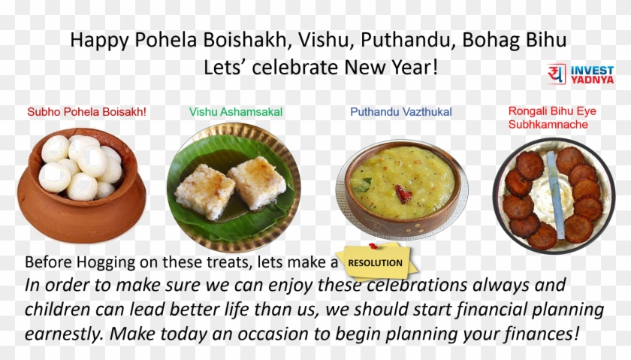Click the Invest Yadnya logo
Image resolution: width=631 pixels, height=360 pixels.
[x=581, y=74]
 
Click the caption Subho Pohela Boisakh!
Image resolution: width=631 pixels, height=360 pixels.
[x=86, y=112]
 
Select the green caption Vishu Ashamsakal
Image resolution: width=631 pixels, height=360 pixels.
[x=236, y=112]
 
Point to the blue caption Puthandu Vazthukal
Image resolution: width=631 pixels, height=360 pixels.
[x=401, y=112]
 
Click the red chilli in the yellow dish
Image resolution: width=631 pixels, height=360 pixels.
[x=404, y=195]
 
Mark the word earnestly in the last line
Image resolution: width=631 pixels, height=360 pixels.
[x=62, y=334]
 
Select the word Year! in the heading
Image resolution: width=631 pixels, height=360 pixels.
[x=412, y=66]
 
